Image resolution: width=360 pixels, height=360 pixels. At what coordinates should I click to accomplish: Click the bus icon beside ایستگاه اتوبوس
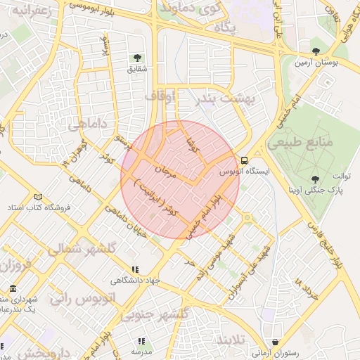pos(244,160)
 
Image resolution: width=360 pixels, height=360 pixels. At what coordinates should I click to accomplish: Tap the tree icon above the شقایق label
pos(137,58)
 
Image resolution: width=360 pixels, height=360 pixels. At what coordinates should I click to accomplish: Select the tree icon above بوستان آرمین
pos(315,51)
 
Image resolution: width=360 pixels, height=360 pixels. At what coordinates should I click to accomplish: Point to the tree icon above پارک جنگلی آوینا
pos(314,179)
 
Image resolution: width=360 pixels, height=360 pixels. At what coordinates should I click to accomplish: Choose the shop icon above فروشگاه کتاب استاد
pos(38,197)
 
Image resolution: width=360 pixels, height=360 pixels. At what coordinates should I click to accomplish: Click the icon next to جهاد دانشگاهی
pos(134,269)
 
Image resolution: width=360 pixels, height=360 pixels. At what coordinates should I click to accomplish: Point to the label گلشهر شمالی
pos(78,250)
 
